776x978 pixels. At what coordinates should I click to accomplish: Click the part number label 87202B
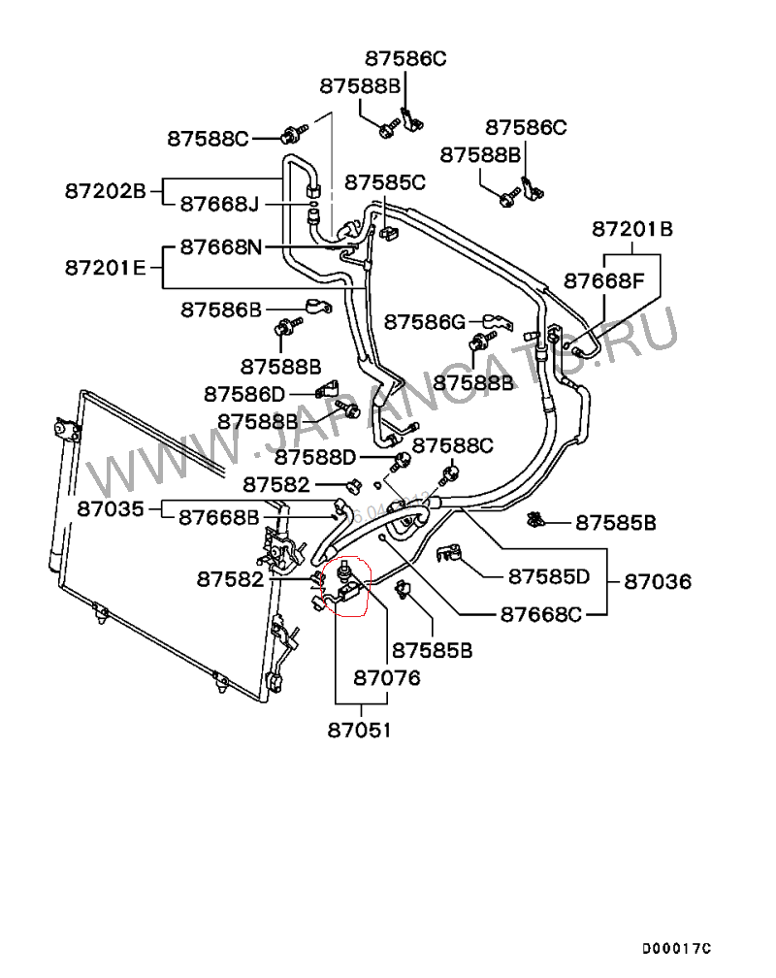tap(105, 190)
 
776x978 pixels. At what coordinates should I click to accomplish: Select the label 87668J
tap(219, 204)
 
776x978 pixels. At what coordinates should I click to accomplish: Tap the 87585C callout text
tap(385, 181)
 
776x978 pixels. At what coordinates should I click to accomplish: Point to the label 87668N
tap(220, 247)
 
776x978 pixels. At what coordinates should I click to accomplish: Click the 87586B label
tap(221, 310)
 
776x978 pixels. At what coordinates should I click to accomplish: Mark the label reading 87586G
tap(425, 321)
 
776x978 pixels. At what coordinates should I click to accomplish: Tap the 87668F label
tap(604, 281)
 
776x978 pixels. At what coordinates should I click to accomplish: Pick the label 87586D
tap(244, 394)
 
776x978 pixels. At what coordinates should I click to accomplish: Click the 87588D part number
tap(315, 456)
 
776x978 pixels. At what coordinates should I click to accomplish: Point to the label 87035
tap(111, 507)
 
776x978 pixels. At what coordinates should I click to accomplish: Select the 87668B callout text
tap(218, 517)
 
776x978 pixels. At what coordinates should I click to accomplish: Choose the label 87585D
tap(548, 576)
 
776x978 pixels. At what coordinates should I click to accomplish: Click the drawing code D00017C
tap(676, 948)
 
